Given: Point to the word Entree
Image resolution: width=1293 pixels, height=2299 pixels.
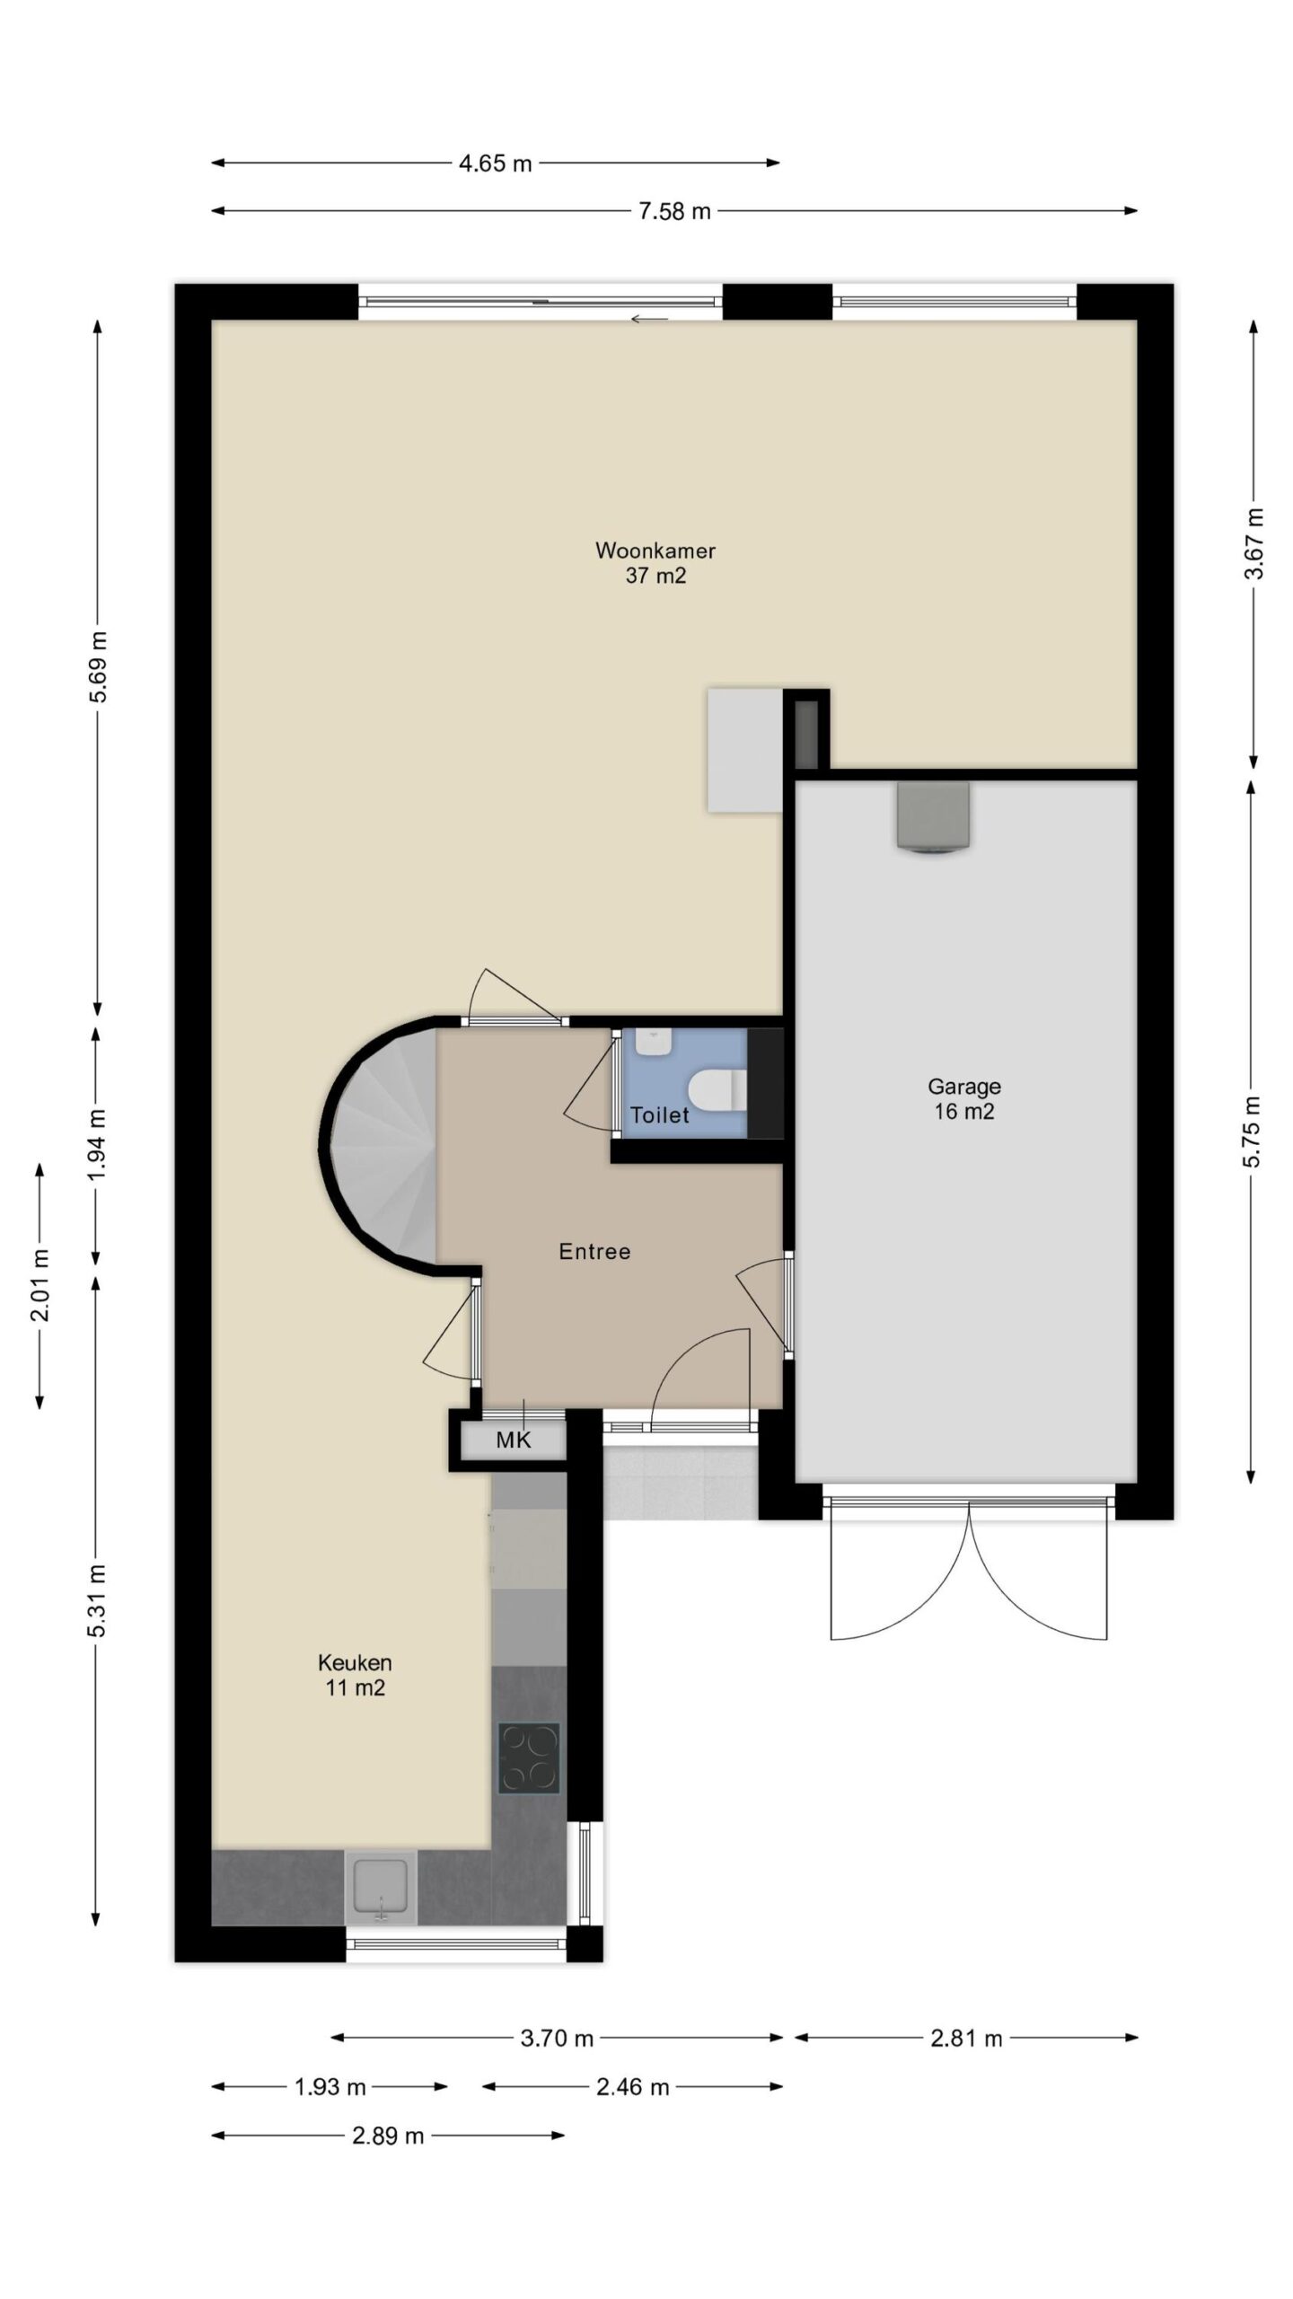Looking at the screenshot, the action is point(594,1252).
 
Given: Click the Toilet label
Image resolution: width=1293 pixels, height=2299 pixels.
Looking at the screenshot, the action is point(660,1115).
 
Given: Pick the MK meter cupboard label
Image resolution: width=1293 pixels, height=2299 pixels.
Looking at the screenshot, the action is point(514,1440).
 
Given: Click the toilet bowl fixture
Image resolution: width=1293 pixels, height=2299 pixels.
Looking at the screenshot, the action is point(717,1090).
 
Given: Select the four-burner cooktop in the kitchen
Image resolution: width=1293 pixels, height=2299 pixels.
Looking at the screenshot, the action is point(529,1758).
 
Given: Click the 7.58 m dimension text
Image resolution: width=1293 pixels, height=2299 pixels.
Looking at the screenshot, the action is point(674,211).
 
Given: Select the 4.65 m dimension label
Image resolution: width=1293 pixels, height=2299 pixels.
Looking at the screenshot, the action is point(496,163).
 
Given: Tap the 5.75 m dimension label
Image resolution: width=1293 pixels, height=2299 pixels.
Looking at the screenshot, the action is point(1253,1132).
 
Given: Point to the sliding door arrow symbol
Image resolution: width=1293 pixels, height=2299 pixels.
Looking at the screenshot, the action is point(649,319).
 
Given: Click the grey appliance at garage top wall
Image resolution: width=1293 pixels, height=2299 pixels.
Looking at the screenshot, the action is point(933,815).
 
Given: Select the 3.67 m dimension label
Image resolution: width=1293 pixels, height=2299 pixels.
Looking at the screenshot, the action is point(1253,543).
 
